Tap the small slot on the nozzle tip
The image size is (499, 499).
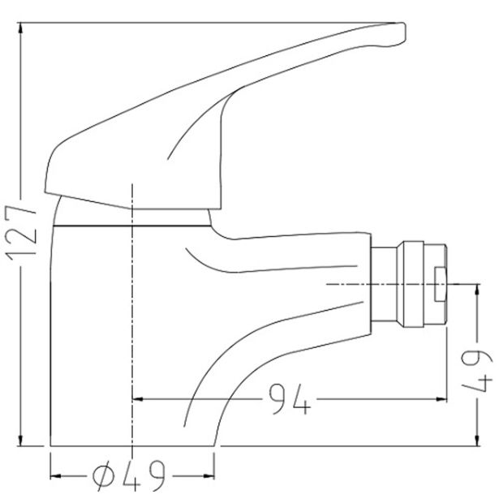click(441, 285)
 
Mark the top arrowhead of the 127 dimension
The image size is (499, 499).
click(24, 29)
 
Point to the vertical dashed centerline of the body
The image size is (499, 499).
click(131, 325)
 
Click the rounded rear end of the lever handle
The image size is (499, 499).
click(50, 170)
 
